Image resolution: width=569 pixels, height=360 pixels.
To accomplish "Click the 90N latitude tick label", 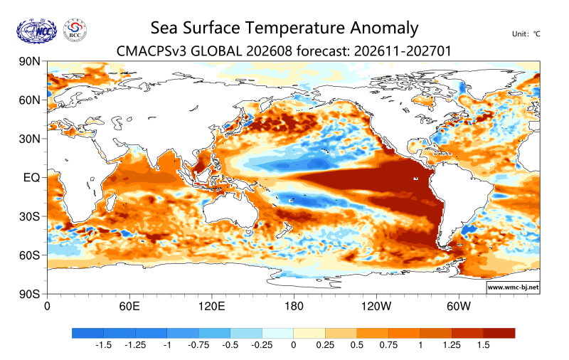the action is [x=29, y=61].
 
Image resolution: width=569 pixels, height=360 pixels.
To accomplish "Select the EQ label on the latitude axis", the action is [x=31, y=178].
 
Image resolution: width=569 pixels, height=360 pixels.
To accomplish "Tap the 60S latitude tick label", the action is [x=29, y=255].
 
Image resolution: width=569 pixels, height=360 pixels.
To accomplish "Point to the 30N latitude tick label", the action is [x=29, y=139].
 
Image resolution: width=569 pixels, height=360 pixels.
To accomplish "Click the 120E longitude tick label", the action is [x=211, y=307].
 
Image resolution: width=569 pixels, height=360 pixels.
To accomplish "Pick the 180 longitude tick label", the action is [x=294, y=307].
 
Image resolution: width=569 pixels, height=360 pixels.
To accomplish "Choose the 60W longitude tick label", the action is [x=459, y=307].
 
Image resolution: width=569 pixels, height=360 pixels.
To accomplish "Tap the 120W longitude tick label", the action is [x=376, y=307].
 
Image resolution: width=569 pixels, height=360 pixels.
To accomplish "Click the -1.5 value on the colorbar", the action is [x=103, y=345].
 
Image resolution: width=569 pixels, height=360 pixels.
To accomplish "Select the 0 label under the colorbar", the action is [x=294, y=345].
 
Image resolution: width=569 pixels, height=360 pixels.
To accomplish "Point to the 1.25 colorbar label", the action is [x=452, y=345].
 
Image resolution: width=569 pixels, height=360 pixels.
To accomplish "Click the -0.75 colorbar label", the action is [x=198, y=345].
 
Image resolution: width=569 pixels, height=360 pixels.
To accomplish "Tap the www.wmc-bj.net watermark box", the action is [x=513, y=287].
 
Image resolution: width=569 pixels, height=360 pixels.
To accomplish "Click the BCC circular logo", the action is [x=75, y=30].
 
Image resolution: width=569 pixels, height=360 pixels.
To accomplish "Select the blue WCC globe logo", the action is [x=37, y=31].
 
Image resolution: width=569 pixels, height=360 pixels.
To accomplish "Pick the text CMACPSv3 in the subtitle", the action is [x=151, y=51].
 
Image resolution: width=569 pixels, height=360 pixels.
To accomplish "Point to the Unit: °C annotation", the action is [x=526, y=34].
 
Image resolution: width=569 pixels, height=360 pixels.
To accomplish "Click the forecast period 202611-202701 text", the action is [x=403, y=51].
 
